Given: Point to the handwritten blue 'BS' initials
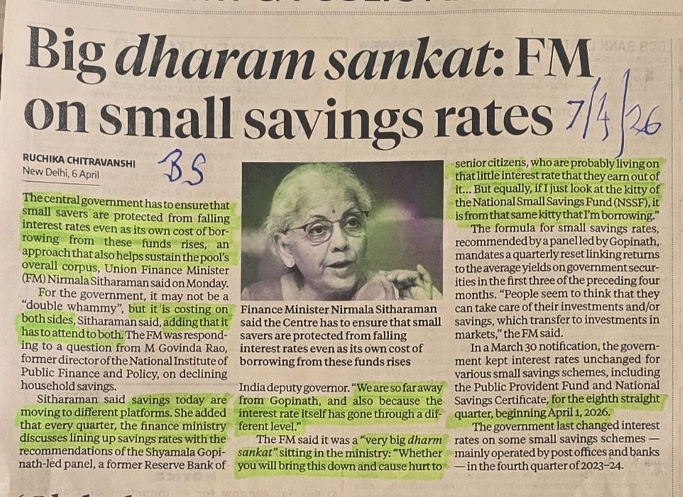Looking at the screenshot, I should [182, 171].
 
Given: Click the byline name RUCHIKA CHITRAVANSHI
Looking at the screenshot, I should [80, 162].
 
